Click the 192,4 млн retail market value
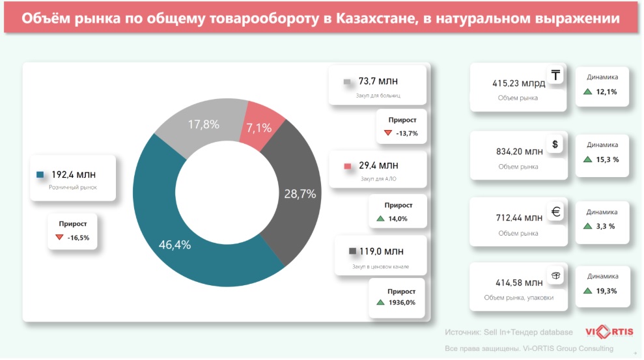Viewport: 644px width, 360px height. point(73,174)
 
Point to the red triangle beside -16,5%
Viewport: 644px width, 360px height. point(59,238)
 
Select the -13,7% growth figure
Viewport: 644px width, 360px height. point(406,133)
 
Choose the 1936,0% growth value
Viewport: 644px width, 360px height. point(401,302)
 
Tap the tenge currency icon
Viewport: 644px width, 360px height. point(555,76)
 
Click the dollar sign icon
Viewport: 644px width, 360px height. point(555,145)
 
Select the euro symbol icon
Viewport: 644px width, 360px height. point(555,212)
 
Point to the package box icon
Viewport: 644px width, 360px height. point(555,276)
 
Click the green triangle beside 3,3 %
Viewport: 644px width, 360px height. point(587,227)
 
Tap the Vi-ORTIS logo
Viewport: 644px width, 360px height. point(608,332)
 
